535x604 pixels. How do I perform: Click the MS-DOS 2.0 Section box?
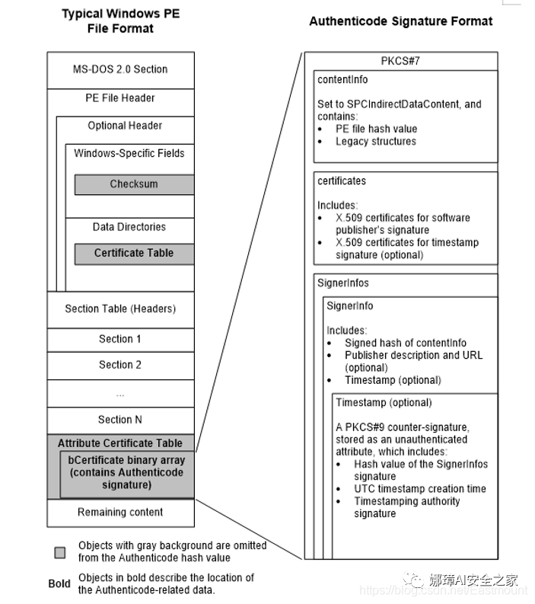(x=120, y=69)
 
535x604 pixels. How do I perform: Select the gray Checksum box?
(x=134, y=184)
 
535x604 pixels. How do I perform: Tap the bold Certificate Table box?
(x=134, y=253)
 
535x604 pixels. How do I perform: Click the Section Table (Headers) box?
(x=120, y=308)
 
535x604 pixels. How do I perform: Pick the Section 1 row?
(x=120, y=339)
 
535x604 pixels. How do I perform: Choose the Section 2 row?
(x=120, y=365)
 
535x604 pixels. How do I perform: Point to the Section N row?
(x=120, y=420)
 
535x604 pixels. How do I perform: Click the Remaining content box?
(x=120, y=512)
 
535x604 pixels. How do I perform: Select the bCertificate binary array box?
(x=126, y=472)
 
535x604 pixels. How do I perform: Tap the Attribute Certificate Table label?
(x=120, y=443)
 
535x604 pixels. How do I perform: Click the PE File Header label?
(x=120, y=97)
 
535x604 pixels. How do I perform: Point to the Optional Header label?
(x=125, y=126)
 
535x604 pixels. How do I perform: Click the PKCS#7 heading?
(x=400, y=61)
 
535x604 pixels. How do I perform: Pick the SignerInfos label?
(x=343, y=283)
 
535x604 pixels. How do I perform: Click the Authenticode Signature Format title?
(x=400, y=21)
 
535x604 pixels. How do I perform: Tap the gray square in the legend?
(x=60, y=551)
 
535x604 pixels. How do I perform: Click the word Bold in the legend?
(x=59, y=583)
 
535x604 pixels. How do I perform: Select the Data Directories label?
(x=129, y=227)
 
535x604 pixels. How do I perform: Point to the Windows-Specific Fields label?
(x=129, y=153)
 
